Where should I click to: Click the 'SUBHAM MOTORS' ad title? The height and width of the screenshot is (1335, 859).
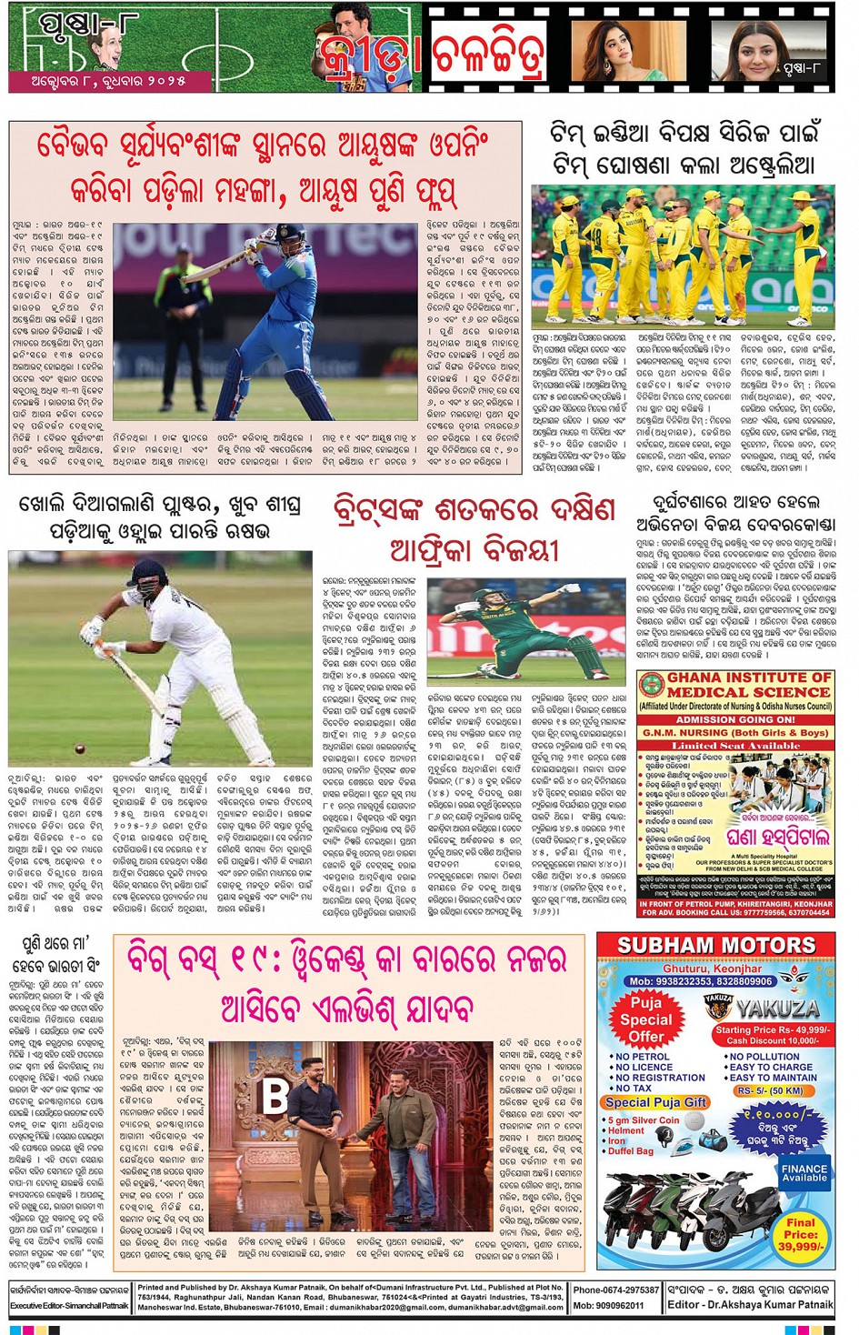pyautogui.click(x=716, y=946)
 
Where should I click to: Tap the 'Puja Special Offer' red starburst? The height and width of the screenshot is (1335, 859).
pyautogui.click(x=646, y=1019)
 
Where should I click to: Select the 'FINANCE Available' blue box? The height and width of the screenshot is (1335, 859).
pyautogui.click(x=804, y=1173)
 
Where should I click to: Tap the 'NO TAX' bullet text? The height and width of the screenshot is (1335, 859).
pyautogui.click(x=634, y=1088)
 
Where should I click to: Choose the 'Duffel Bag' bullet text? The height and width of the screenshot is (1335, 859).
pyautogui.click(x=633, y=1151)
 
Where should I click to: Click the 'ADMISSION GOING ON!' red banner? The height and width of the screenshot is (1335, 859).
pyautogui.click(x=735, y=719)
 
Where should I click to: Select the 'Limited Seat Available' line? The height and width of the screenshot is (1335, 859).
pyautogui.click(x=735, y=746)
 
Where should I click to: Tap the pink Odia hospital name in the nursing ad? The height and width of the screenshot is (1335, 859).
pyautogui.click(x=778, y=837)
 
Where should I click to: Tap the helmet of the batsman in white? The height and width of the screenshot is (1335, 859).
pyautogui.click(x=146, y=576)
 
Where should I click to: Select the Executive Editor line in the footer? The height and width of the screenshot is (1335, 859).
pyautogui.click(x=69, y=1305)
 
